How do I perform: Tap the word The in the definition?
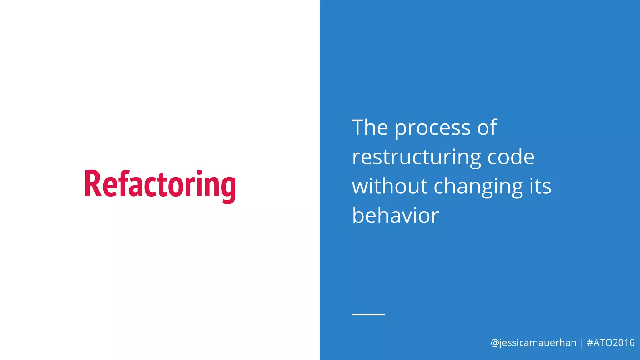370,128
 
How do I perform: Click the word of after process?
487,128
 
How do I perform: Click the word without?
390,186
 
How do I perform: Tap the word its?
540,186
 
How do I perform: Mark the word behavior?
395,216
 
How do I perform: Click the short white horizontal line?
368,314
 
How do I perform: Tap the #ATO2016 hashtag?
611,343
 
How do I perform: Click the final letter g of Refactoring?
228,187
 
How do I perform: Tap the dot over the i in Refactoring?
199,172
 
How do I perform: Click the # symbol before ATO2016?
590,343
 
